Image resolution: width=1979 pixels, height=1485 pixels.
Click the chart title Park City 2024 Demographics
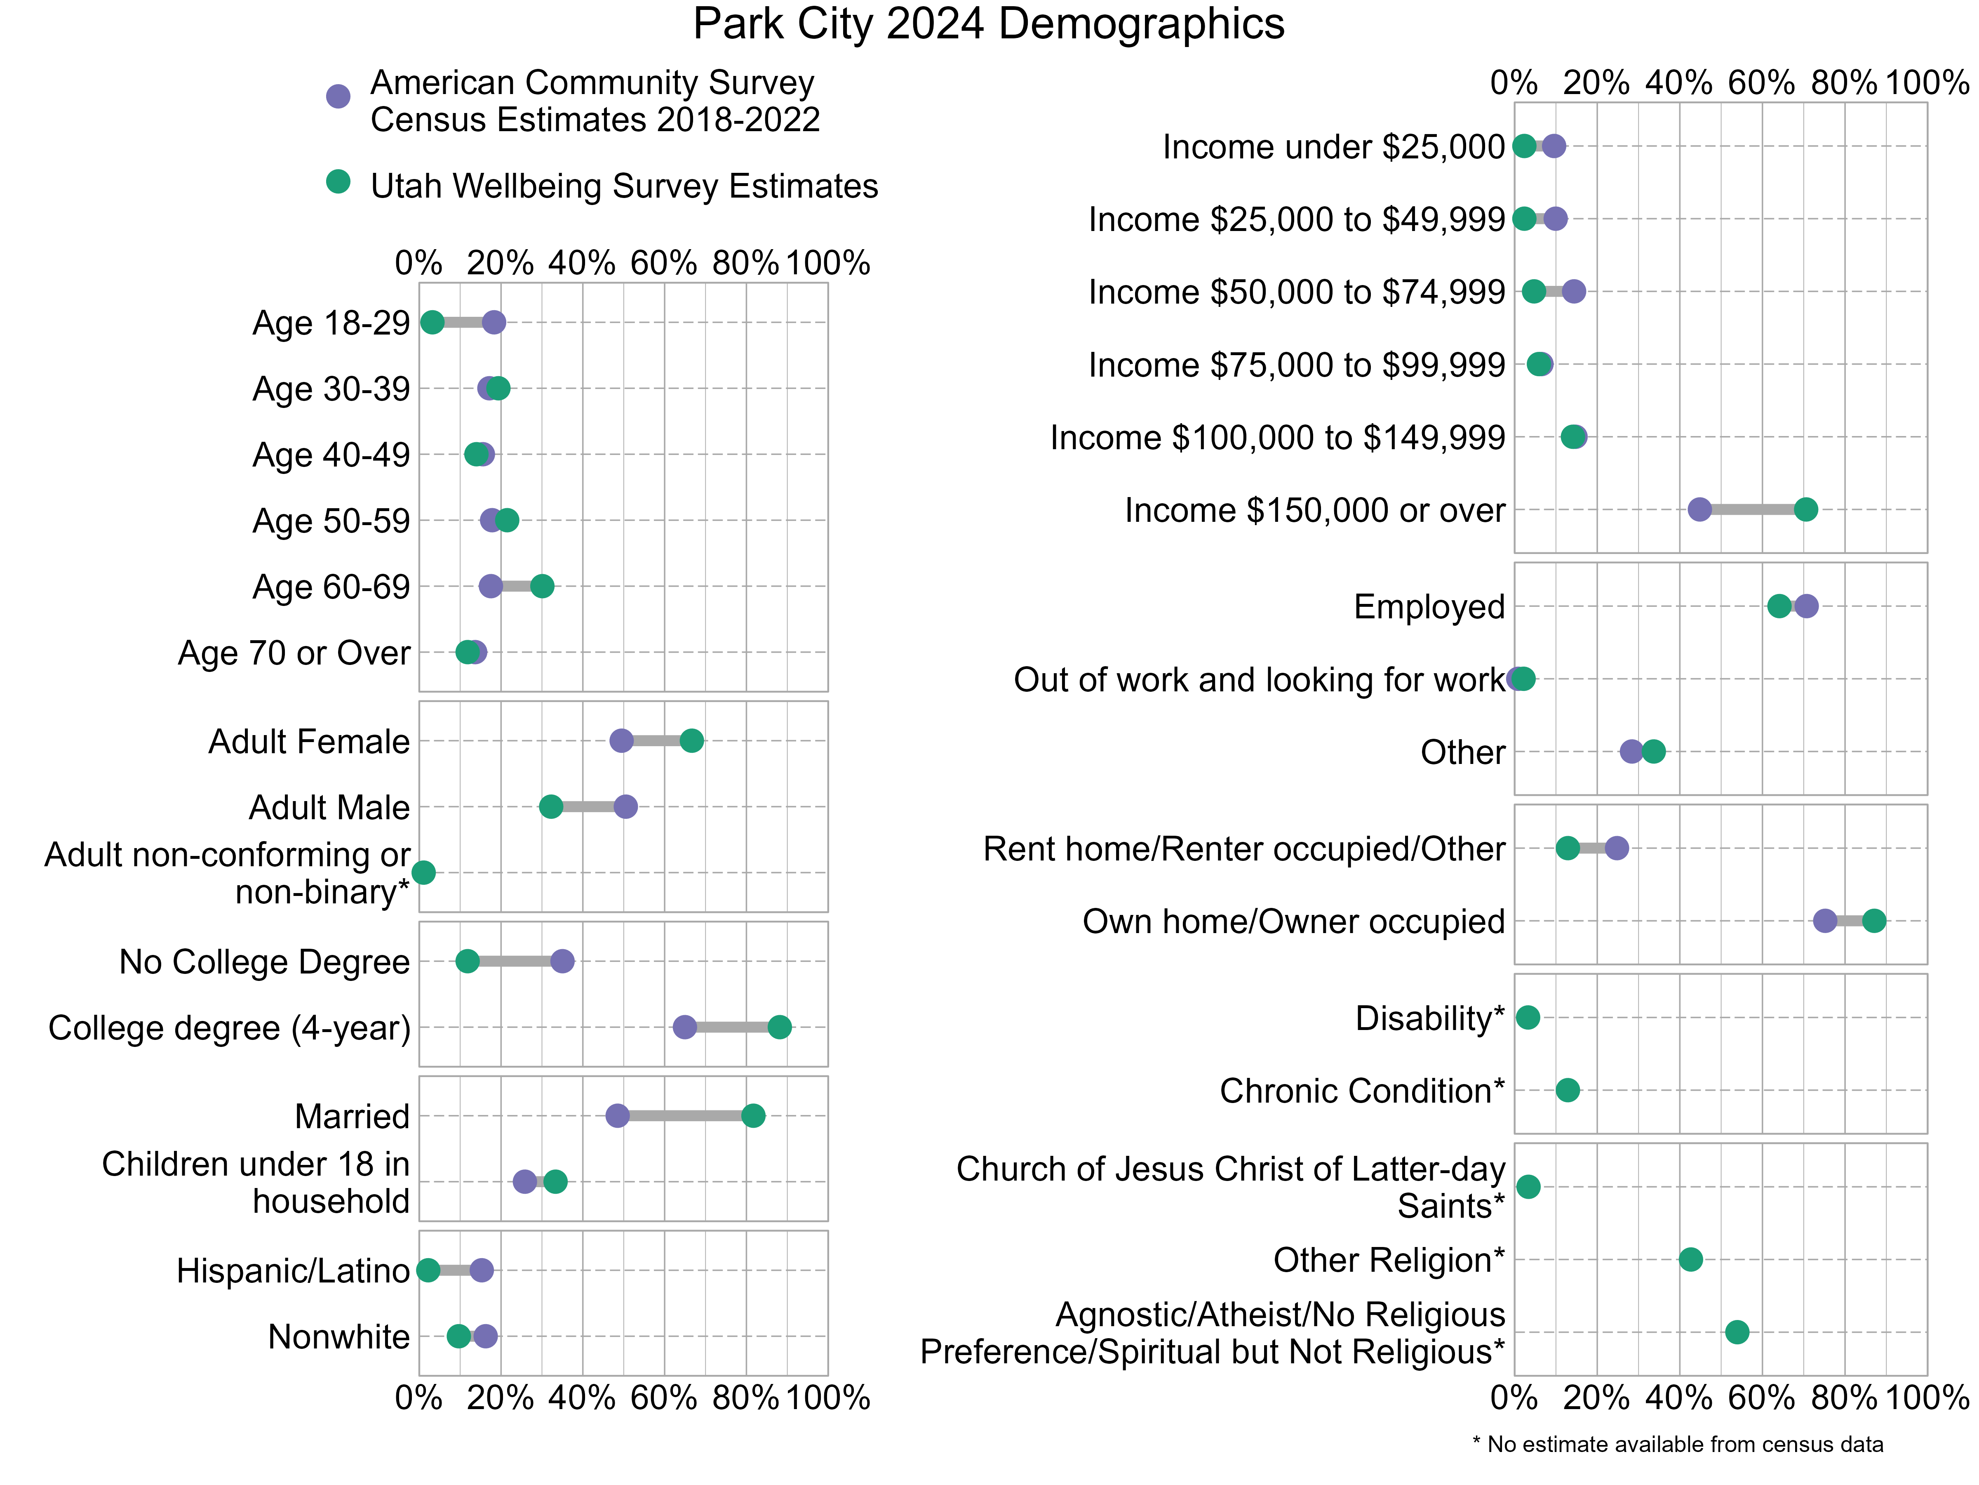pyautogui.click(x=989, y=24)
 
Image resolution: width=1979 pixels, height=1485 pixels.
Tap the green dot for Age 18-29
pyautogui.click(x=432, y=322)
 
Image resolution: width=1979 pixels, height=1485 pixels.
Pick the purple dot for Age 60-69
pyautogui.click(x=490, y=586)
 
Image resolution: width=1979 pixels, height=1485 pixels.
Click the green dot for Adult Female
pyautogui.click(x=691, y=740)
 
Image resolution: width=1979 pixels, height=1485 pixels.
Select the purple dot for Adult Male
pyautogui.click(x=625, y=806)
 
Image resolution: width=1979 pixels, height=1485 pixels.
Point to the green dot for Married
pyautogui.click(x=753, y=1115)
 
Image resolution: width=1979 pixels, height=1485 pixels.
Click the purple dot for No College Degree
pyautogui.click(x=562, y=962)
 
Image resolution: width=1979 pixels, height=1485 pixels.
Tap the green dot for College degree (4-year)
pyautogui.click(x=779, y=1027)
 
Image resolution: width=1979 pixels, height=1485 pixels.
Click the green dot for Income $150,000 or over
pyautogui.click(x=1805, y=509)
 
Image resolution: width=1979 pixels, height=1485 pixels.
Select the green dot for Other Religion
pyautogui.click(x=1690, y=1259)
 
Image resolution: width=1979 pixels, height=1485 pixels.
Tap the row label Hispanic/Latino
pyautogui.click(x=293, y=1270)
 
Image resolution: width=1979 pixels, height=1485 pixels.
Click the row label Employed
pyautogui.click(x=1429, y=607)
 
